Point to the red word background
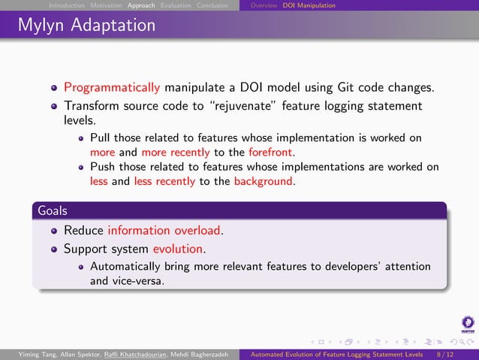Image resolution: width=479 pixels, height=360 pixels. click(264, 181)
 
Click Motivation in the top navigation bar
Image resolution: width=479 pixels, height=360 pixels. click(107, 5)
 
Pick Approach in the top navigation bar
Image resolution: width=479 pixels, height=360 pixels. click(141, 5)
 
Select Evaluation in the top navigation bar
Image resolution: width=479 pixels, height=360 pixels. click(176, 5)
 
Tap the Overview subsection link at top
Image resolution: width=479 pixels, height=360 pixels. click(264, 5)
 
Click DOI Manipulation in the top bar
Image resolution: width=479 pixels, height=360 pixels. click(309, 5)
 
